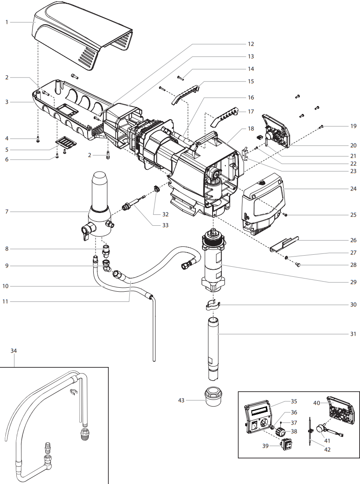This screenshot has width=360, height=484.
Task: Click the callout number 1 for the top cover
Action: point(7,22)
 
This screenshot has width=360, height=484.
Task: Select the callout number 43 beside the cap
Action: point(181,400)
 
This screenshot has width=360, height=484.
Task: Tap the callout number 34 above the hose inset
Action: point(14,351)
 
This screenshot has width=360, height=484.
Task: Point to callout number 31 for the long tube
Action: point(353,334)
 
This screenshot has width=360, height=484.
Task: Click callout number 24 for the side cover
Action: point(353,189)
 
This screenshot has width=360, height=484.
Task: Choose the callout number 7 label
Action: point(7,212)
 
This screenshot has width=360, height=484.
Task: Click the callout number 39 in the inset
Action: point(265,446)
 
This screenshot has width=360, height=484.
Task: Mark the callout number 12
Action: point(250,44)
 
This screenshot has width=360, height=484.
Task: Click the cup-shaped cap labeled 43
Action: point(213,396)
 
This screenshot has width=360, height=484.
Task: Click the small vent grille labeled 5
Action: point(65,142)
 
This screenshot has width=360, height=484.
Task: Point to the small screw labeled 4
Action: point(38,139)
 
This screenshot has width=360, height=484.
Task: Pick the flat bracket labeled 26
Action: point(284,244)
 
